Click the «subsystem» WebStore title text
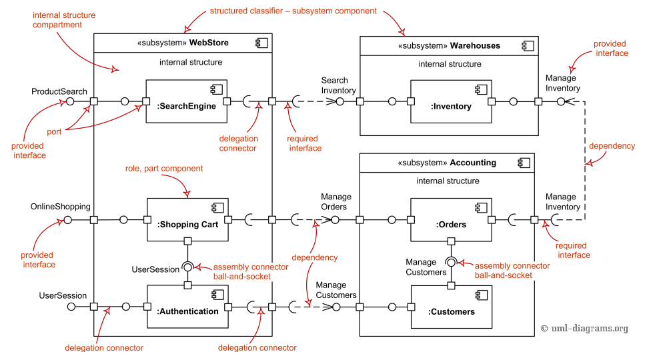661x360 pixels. (183, 43)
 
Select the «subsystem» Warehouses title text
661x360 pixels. (448, 46)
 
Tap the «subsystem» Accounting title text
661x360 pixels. (447, 163)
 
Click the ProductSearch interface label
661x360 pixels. (59, 91)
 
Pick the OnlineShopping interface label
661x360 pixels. (60, 207)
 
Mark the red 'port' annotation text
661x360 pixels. (54, 132)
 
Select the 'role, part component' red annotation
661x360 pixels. (164, 169)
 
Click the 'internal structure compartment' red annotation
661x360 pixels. (63, 20)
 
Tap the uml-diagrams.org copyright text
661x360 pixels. (584, 328)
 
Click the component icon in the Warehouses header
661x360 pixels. (523, 46)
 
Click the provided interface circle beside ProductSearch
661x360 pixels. (69, 101)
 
